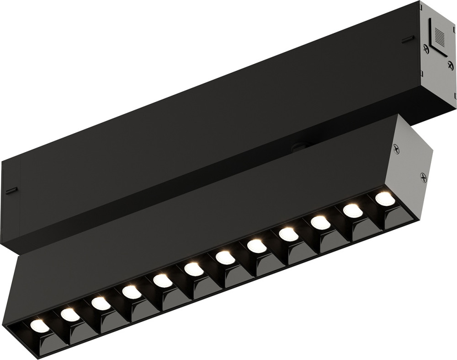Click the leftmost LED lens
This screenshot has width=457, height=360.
tap(39, 326)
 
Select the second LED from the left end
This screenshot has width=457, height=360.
tap(70, 314)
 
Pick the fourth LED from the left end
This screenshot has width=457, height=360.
tap(131, 291)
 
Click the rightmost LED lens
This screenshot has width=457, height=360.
tap(385, 199)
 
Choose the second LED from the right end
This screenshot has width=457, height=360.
tap(352, 210)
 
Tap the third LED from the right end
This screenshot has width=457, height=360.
tap(320, 222)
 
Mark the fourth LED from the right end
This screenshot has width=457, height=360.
tap(288, 234)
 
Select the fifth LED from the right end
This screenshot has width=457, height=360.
tap(257, 246)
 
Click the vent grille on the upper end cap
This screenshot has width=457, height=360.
tap(439, 35)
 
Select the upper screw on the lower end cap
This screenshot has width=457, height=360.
tap(396, 148)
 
